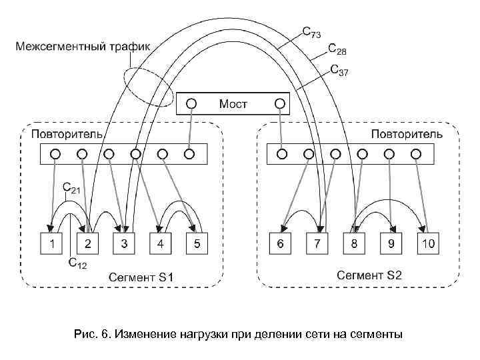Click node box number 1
(51, 244)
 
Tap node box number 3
(124, 244)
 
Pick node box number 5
(197, 244)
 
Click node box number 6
(281, 244)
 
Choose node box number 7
(317, 244)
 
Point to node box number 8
(354, 244)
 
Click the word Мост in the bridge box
(233, 104)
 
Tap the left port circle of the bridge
(191, 103)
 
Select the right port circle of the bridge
(281, 103)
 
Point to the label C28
(337, 51)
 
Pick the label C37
(339, 71)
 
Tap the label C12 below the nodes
(77, 263)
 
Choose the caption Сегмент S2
(369, 275)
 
